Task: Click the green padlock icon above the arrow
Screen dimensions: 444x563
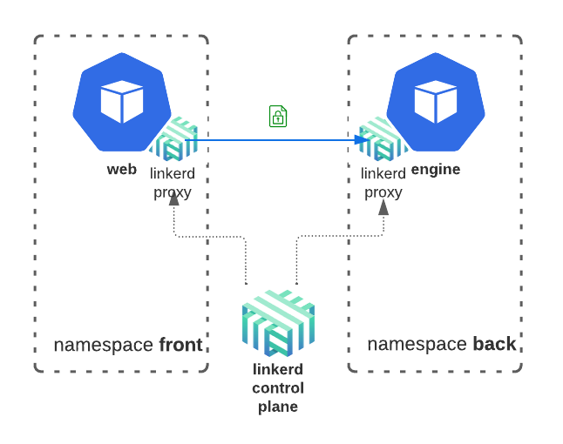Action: click(278, 116)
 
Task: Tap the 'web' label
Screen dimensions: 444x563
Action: click(122, 169)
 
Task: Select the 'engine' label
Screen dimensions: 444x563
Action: click(436, 169)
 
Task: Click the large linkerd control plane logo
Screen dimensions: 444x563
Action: click(278, 322)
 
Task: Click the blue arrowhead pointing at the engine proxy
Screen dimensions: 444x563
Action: click(363, 139)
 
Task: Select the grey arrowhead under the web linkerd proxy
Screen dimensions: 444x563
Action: click(173, 198)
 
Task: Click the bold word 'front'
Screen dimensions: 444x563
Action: click(180, 345)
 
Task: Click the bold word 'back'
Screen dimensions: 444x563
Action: click(494, 344)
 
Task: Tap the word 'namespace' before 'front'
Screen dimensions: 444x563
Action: click(104, 345)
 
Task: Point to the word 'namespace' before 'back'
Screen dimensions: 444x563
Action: click(417, 344)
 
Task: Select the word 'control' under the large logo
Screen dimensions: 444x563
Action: click(278, 387)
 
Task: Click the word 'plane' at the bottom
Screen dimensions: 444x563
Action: click(278, 406)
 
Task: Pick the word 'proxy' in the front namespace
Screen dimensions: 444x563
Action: click(173, 192)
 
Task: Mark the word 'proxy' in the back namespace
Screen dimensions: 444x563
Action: click(383, 192)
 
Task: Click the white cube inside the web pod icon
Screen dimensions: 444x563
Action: click(121, 102)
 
